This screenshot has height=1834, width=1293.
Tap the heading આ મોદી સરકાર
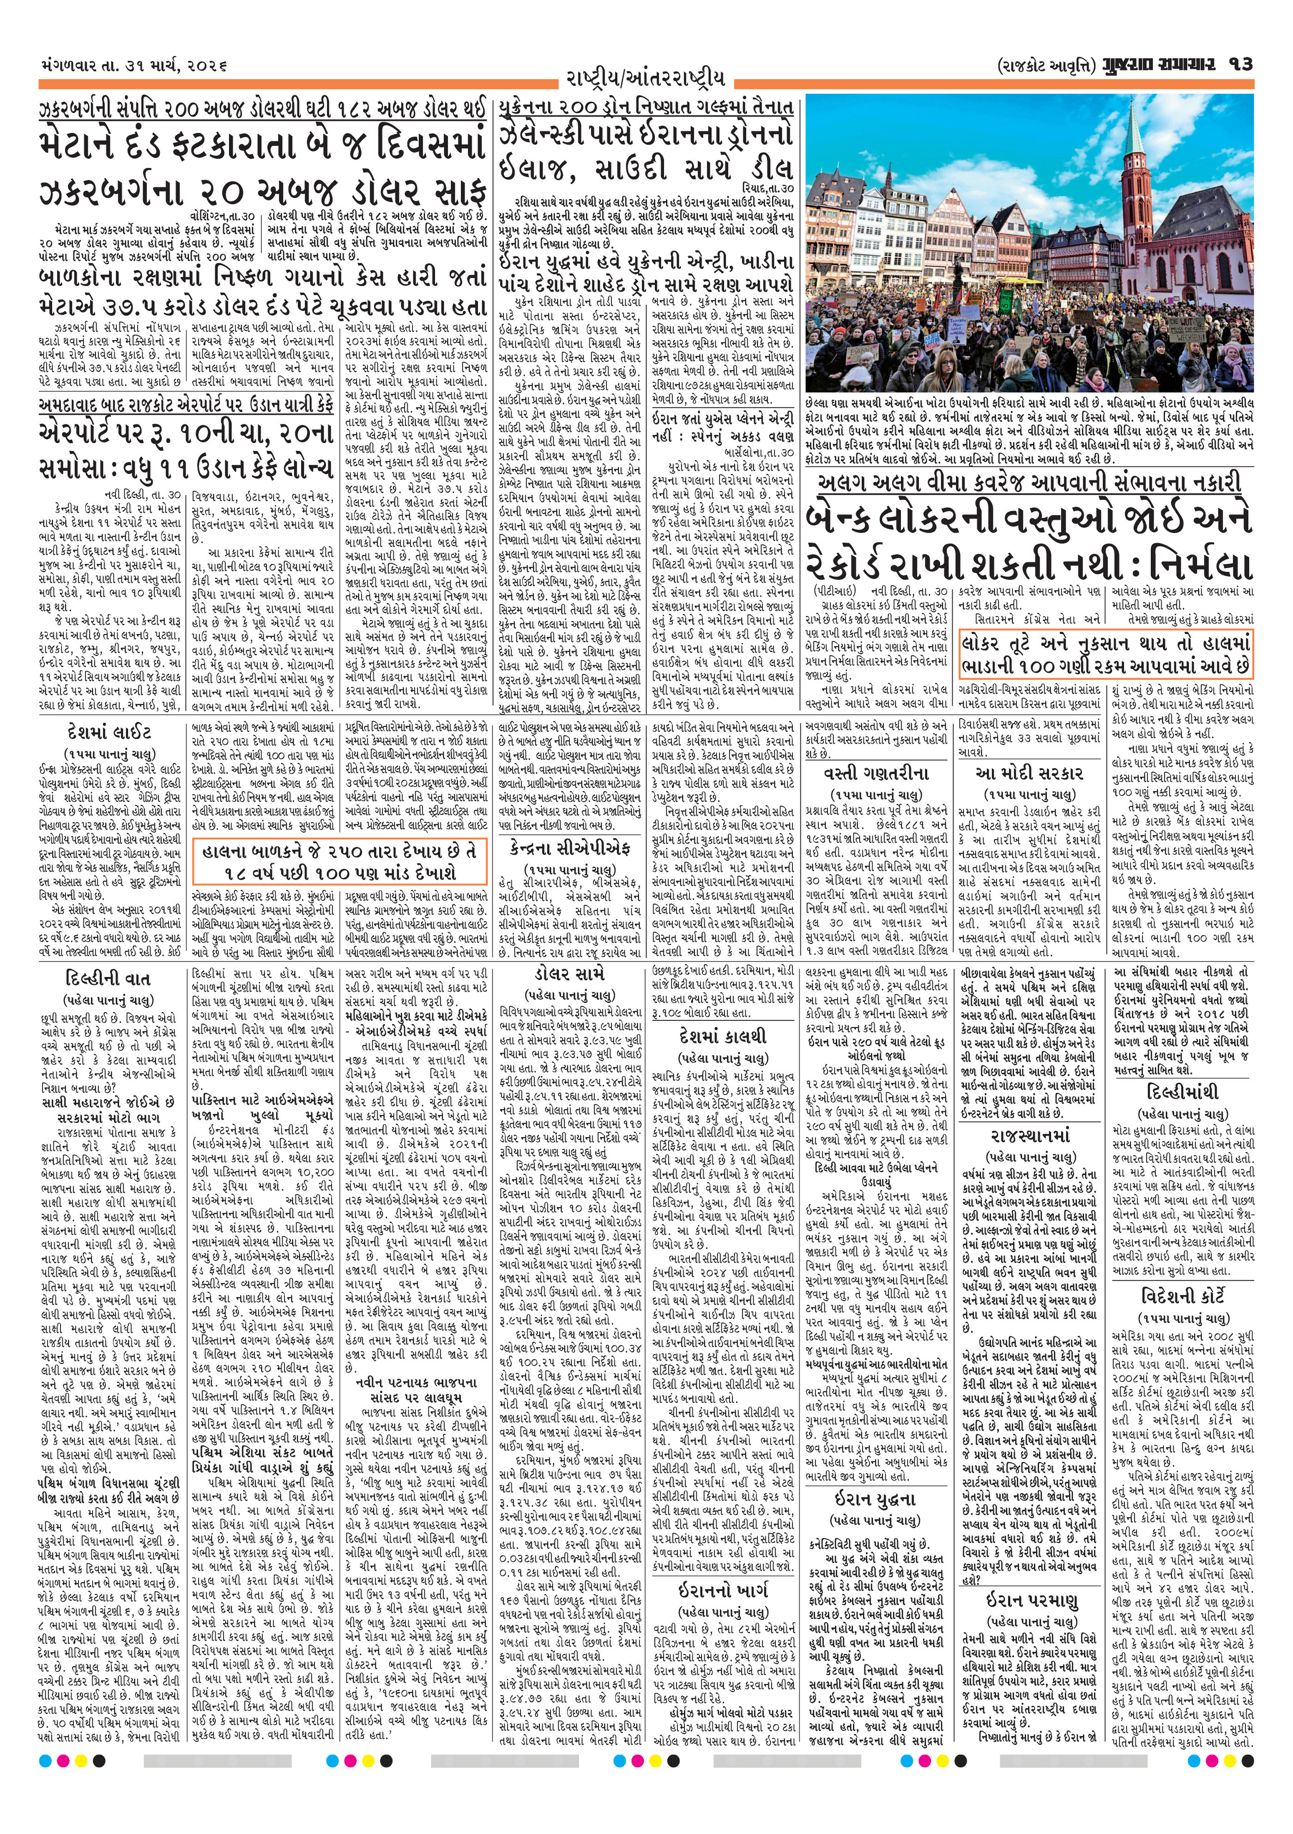(x=1029, y=773)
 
